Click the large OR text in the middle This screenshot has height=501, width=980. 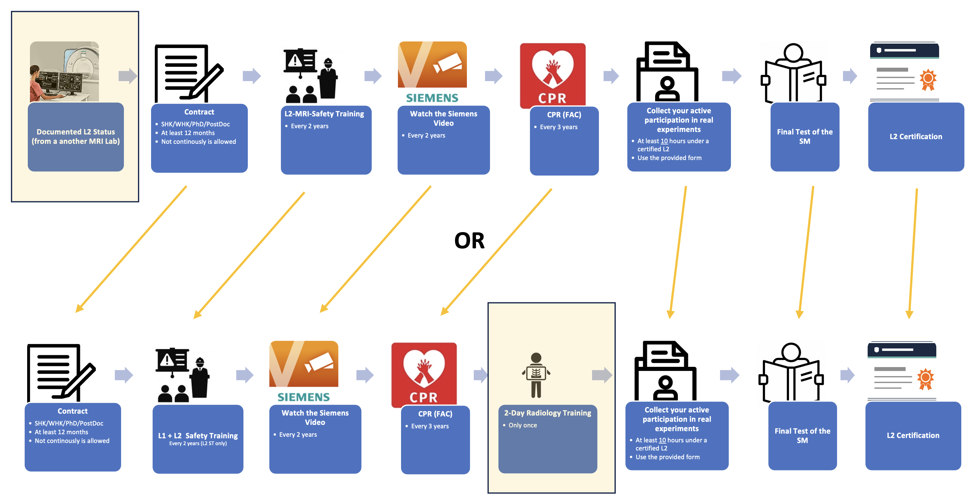click(x=469, y=241)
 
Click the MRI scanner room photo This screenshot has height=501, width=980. click(x=64, y=71)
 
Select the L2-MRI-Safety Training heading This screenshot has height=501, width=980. click(x=324, y=114)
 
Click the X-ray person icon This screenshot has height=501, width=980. click(x=536, y=375)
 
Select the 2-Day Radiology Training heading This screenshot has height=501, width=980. click(x=547, y=413)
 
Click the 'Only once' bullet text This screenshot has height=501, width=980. click(x=522, y=426)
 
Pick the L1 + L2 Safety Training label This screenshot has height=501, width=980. click(x=198, y=435)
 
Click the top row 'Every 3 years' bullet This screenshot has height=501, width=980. click(x=558, y=127)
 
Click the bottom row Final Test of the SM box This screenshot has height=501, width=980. click(x=802, y=435)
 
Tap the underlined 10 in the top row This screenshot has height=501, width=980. click(x=664, y=141)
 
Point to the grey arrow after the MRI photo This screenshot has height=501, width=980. click(x=127, y=76)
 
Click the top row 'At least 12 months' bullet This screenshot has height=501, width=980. click(x=188, y=133)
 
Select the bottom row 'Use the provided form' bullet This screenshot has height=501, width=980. click(x=667, y=457)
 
